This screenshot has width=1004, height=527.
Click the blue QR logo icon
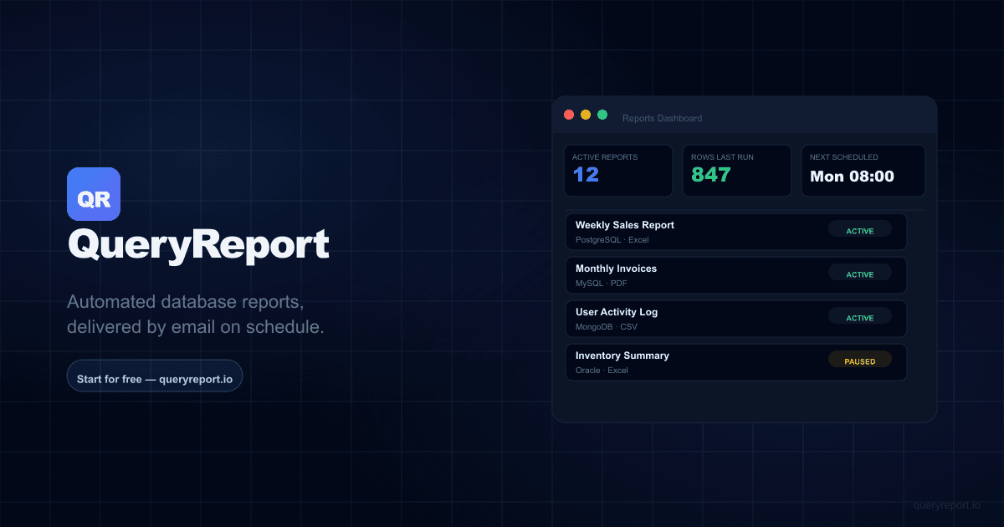[x=94, y=194]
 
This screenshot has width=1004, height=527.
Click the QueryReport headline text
[x=198, y=246]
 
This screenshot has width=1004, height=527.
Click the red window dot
[x=569, y=115]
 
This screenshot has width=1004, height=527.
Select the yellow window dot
[x=586, y=115]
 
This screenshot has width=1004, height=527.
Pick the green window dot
[x=602, y=115]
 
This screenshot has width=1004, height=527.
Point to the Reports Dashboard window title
[x=662, y=119]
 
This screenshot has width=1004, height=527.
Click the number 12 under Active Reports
[x=586, y=175]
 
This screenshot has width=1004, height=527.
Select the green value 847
[x=710, y=175]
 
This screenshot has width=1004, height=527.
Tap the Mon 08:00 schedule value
[x=852, y=177]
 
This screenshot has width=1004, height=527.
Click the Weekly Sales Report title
[x=624, y=225]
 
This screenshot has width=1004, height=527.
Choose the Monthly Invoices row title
[x=616, y=269]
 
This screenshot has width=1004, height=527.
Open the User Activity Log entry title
[x=617, y=312]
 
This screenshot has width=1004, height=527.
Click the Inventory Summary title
[x=622, y=356]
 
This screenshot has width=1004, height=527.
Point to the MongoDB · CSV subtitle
[x=606, y=327]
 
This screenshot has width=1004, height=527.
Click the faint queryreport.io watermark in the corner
[x=947, y=505]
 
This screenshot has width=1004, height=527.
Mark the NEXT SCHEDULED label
[x=843, y=157]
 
